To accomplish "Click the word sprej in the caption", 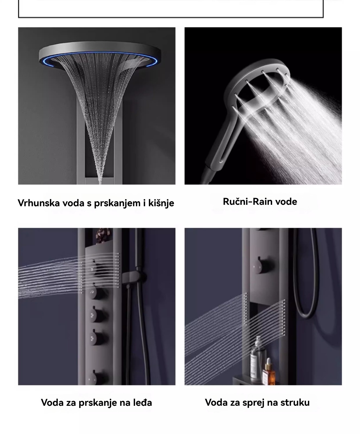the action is pyautogui.click(x=250, y=403).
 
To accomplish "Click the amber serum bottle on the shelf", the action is pyautogui.click(x=269, y=372).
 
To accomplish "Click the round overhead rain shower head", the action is pyautogui.click(x=95, y=55).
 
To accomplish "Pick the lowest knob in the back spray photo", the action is pyautogui.click(x=95, y=377).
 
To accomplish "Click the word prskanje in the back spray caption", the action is pyautogui.click(x=97, y=403).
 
